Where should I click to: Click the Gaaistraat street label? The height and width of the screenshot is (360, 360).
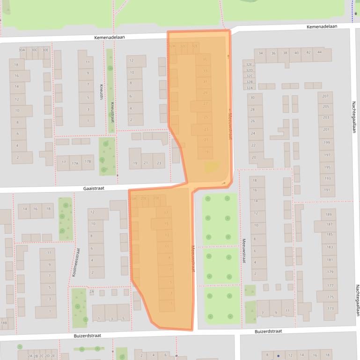[94, 188]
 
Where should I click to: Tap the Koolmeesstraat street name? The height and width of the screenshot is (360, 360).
[76, 262]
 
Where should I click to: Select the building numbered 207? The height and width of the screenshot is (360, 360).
[326, 96]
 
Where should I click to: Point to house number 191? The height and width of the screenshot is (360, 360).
[326, 190]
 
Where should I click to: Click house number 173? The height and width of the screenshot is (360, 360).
[331, 309]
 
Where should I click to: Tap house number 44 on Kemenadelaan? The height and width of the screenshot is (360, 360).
[320, 53]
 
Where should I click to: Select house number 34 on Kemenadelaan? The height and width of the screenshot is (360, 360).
[261, 53]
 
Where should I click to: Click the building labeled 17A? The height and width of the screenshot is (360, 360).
[75, 163]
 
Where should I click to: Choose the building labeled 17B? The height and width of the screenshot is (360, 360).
[88, 162]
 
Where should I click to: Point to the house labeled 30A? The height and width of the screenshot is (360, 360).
[22, 50]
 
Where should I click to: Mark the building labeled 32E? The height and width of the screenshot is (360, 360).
[250, 65]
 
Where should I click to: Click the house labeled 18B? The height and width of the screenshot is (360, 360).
[4, 323]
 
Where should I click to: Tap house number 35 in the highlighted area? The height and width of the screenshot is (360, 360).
[205, 60]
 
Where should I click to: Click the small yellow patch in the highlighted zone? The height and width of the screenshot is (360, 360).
[212, 166]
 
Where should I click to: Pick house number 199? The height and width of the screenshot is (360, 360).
[326, 142]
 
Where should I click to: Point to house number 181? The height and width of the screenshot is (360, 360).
[331, 259]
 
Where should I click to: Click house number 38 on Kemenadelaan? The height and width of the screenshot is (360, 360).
[285, 53]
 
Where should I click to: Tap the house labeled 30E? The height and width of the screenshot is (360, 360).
[45, 50]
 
